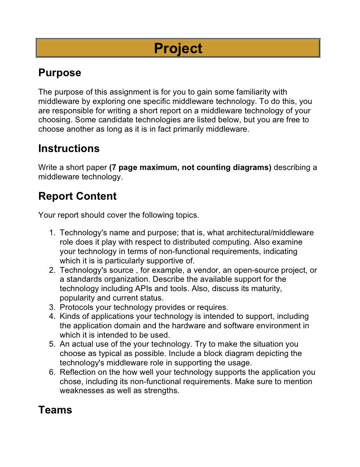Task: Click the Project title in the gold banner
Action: [178, 48]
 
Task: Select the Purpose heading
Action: [60, 73]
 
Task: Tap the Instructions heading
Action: [69, 149]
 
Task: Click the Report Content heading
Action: [77, 196]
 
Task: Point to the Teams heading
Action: [55, 410]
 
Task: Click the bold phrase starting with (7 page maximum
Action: [190, 168]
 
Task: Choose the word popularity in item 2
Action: [77, 298]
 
